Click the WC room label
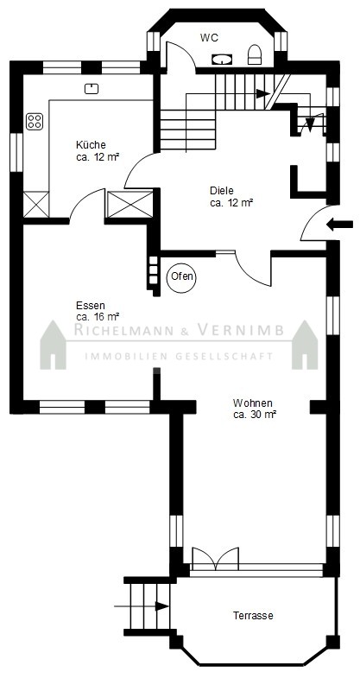pyautogui.click(x=209, y=38)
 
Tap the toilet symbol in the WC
pyautogui.click(x=255, y=54)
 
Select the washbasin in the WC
pyautogui.click(x=222, y=59)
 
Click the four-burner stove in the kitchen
pyautogui.click(x=35, y=121)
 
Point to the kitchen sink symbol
pyautogui.click(x=92, y=89)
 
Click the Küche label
pyautogui.click(x=91, y=144)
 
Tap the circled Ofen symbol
pyautogui.click(x=181, y=277)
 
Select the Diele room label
pyautogui.click(x=222, y=191)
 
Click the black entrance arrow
pyautogui.click(x=340, y=225)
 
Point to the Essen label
pyautogui.click(x=91, y=305)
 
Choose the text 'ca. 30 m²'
pyautogui.click(x=255, y=415)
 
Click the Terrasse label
pyautogui.click(x=253, y=616)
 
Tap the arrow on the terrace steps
pyautogui.click(x=142, y=606)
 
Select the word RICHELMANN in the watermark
pyautogui.click(x=124, y=330)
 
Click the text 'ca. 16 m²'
pyautogui.click(x=98, y=316)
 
